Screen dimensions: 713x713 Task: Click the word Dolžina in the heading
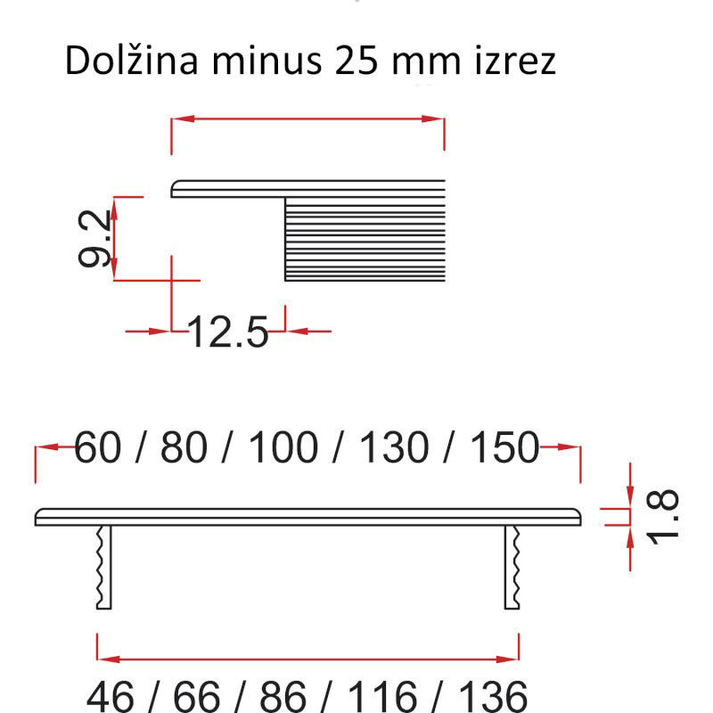click(131, 60)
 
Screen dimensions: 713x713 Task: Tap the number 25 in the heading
click(356, 61)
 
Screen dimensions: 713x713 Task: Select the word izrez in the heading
click(515, 61)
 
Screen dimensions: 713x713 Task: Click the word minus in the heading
click(266, 61)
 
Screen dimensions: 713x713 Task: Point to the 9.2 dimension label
click(94, 238)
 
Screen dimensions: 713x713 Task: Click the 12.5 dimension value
click(228, 332)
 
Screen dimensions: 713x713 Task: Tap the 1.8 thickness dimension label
click(662, 517)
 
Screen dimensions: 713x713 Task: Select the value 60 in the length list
click(98, 447)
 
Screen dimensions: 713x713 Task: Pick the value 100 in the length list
click(283, 447)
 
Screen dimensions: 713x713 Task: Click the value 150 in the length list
click(504, 447)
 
